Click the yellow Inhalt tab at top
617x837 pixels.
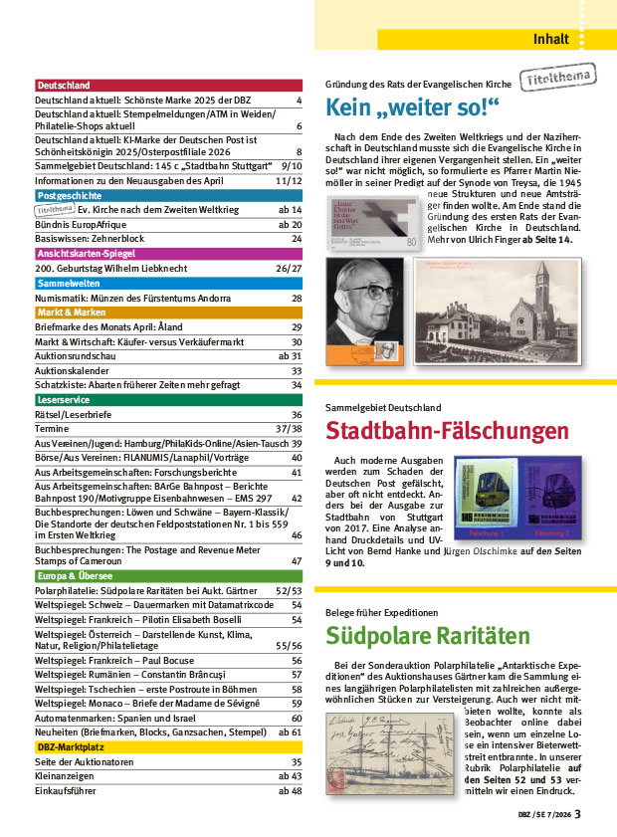pos(549,40)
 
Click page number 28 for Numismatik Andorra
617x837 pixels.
pos(297,299)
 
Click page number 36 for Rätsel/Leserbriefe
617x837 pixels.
pos(297,415)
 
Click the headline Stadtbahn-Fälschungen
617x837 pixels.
pos(447,432)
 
